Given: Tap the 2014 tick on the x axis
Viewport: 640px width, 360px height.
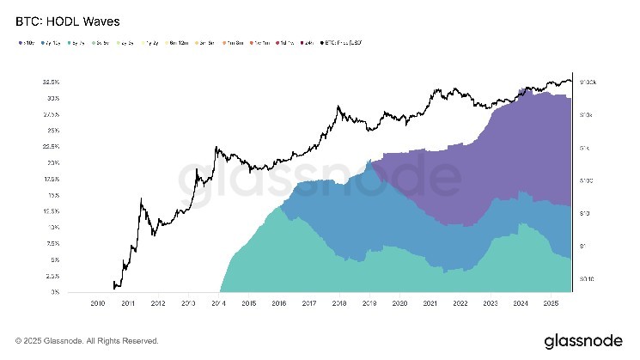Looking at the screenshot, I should [217, 303].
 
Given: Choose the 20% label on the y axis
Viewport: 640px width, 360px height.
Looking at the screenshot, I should [52, 162].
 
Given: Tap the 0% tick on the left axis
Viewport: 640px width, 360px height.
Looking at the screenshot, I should [54, 292].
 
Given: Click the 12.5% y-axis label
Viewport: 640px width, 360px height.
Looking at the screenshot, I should [50, 211].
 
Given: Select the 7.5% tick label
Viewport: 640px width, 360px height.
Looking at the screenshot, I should [51, 243].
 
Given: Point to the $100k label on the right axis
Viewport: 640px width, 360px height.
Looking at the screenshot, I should [590, 82].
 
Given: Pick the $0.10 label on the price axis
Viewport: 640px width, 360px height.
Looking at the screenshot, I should [589, 279].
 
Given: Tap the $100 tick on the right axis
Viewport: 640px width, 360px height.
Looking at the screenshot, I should [588, 180].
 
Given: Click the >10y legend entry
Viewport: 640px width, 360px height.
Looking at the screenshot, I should [25, 40].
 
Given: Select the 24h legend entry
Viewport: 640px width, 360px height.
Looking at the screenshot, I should [307, 40].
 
